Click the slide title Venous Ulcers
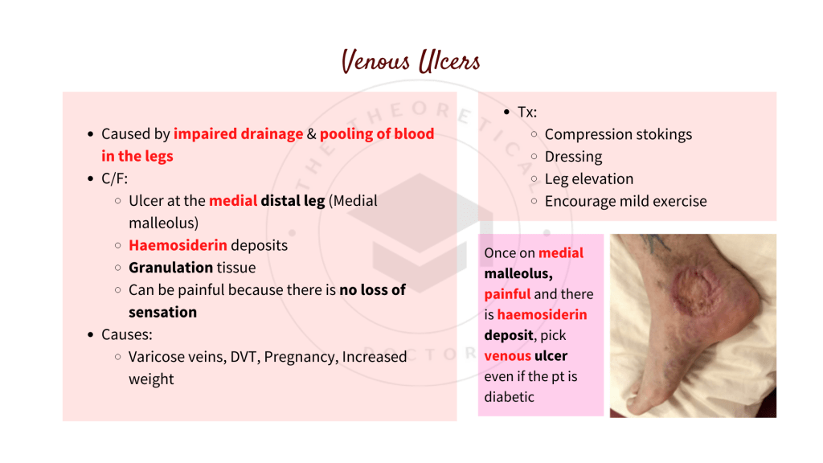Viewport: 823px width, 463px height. [411, 62]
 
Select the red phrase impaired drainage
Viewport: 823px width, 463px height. [238, 134]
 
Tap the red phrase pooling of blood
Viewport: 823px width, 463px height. [377, 134]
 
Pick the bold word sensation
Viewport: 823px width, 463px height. [162, 312]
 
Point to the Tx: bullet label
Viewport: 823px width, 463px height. [527, 113]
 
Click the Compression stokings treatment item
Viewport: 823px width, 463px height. [618, 134]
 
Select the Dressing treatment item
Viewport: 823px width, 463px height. [573, 157]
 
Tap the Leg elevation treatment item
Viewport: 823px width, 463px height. [589, 179]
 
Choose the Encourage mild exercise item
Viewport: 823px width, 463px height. [625, 202]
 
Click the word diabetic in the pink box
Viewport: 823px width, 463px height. [510, 397]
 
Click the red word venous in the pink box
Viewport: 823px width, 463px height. [507, 355]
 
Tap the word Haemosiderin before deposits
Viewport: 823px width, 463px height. [178, 245]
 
